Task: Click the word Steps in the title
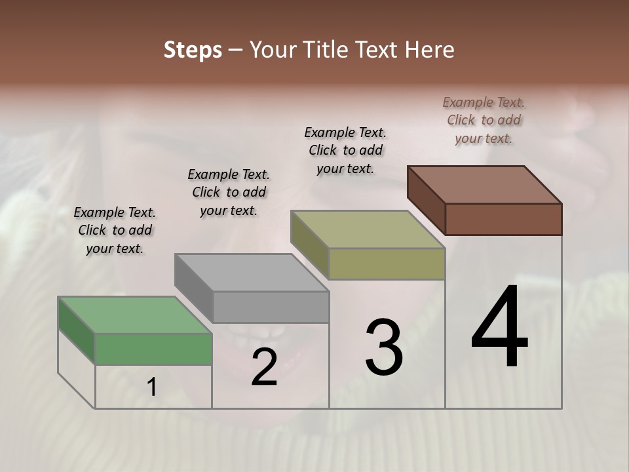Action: [x=193, y=50]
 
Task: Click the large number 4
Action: [x=499, y=328]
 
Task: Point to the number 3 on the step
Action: [x=384, y=347]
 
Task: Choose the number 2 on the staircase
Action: [x=264, y=367]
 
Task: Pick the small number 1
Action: [x=152, y=387]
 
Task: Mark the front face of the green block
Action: [x=153, y=349]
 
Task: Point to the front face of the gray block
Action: [x=271, y=307]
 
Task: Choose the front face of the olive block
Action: [x=387, y=264]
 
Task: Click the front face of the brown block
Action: [x=503, y=219]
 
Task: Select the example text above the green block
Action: [x=115, y=230]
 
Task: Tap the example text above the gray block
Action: [x=229, y=192]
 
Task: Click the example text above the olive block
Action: [x=345, y=150]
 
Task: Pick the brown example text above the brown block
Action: [x=484, y=120]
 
